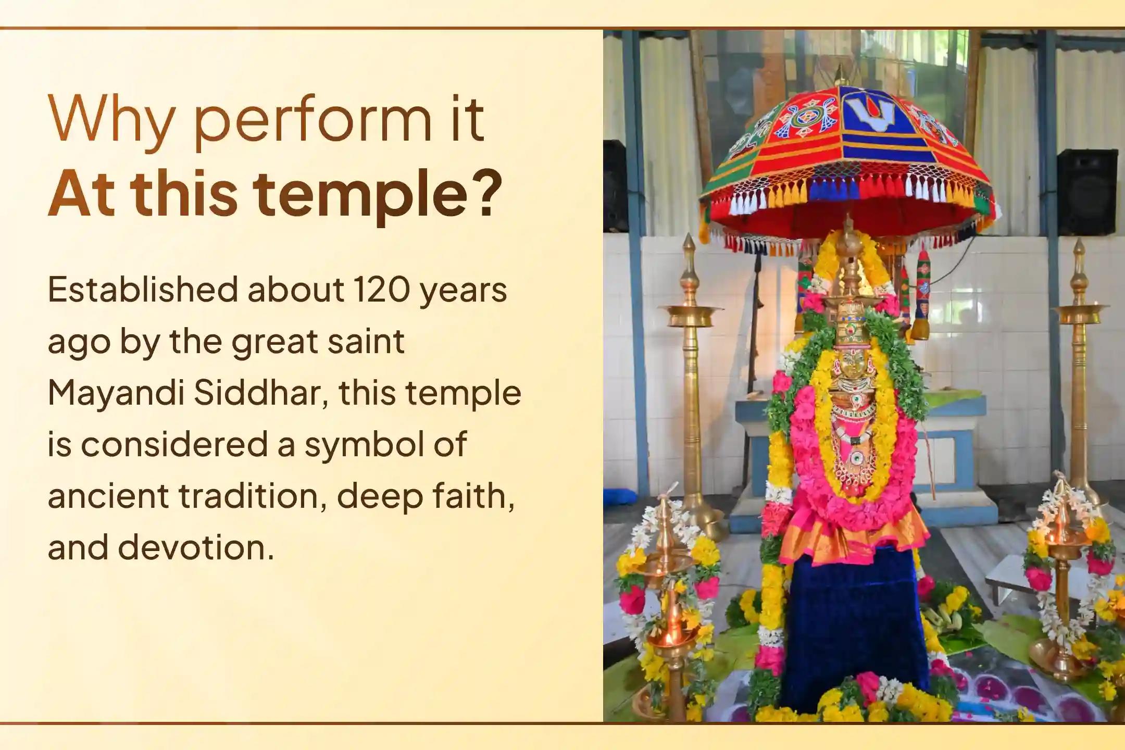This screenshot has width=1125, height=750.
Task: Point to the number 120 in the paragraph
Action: pos(381,290)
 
